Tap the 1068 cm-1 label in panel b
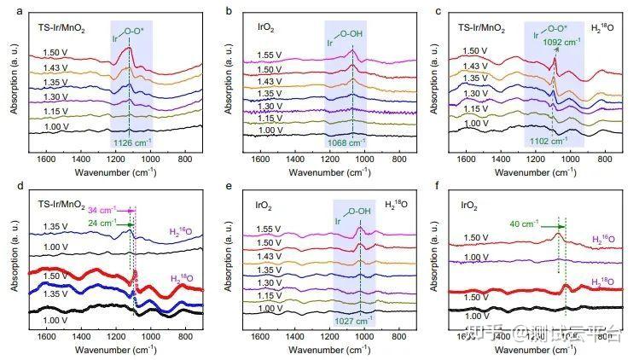tap(348, 143)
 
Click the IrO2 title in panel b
tap(255, 32)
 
